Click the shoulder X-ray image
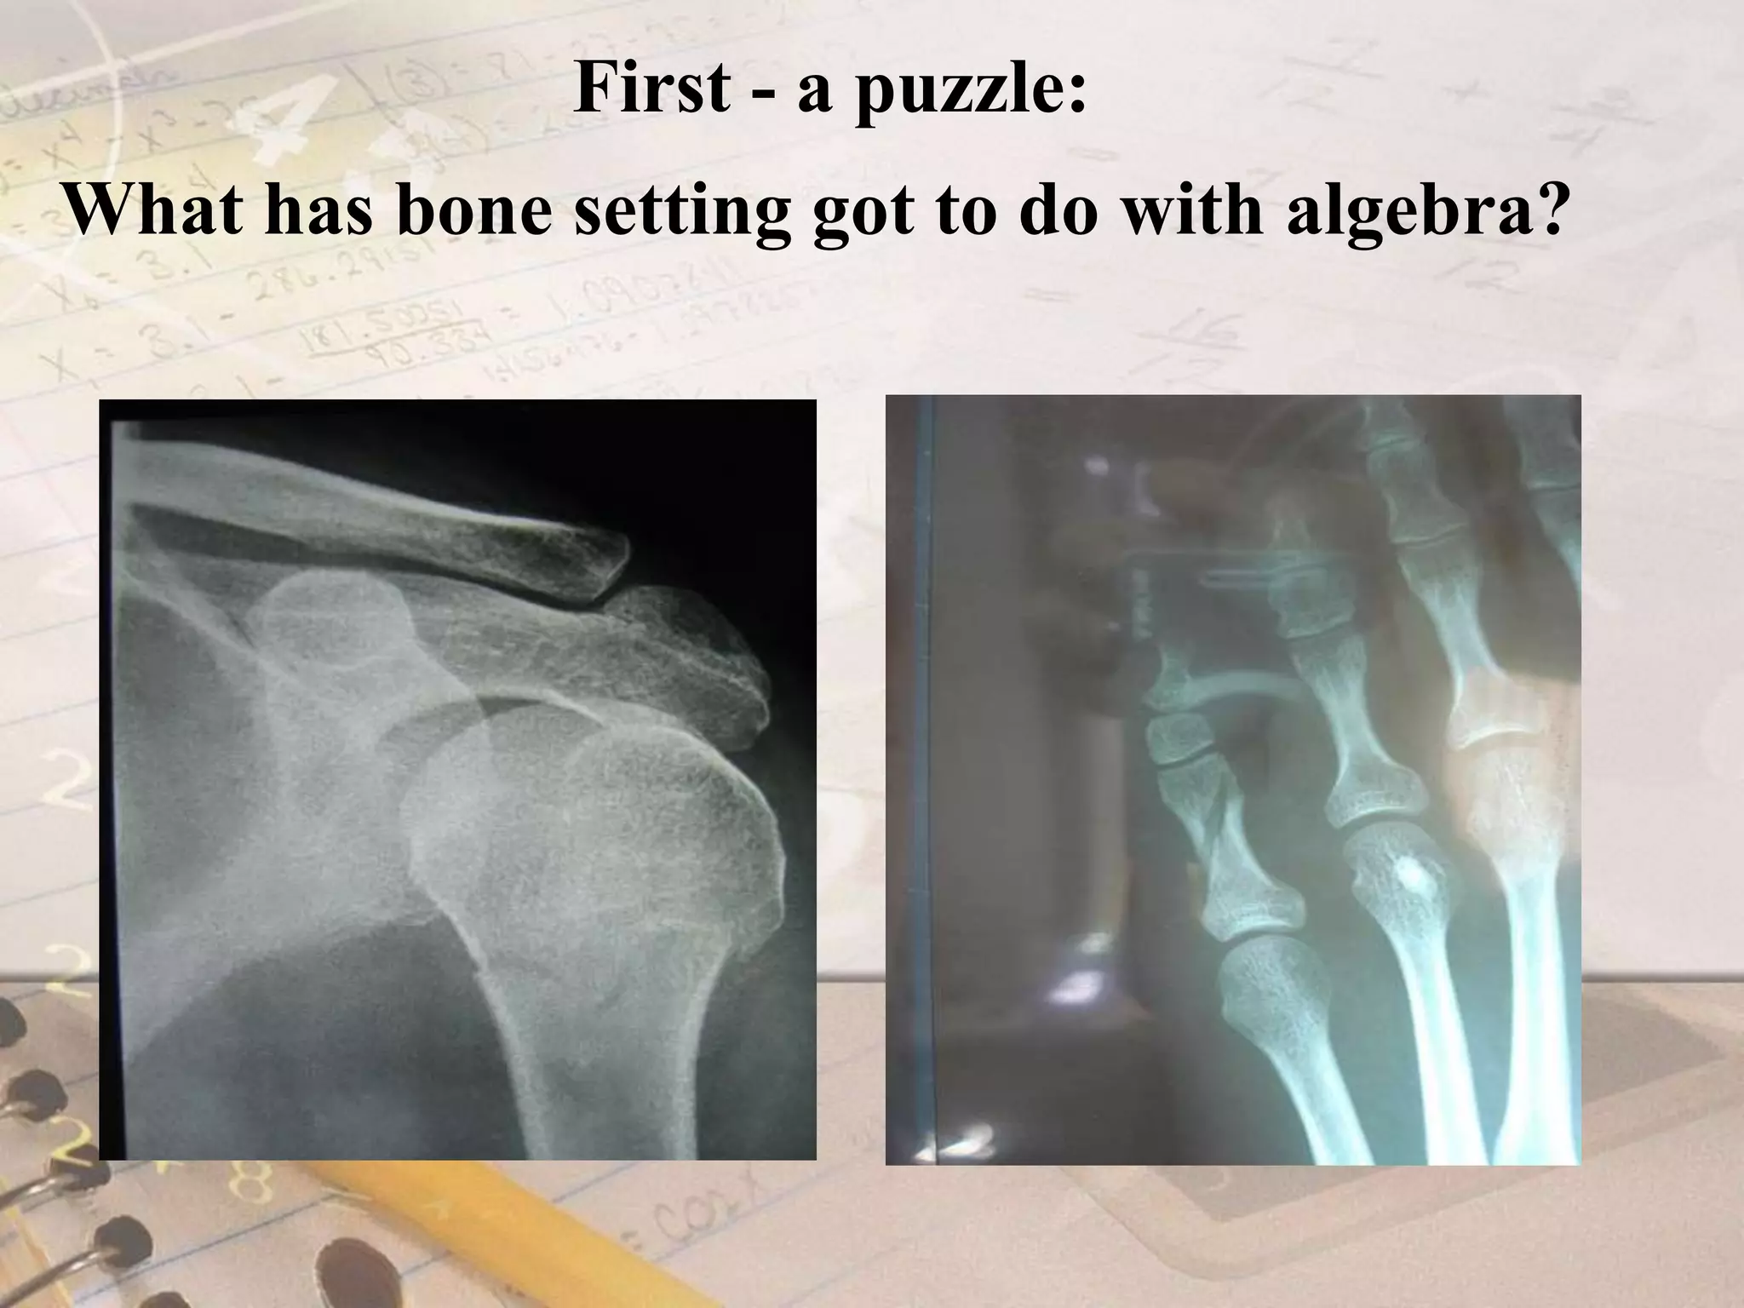[x=457, y=779]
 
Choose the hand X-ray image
[x=1233, y=779]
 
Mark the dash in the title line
[x=764, y=95]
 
